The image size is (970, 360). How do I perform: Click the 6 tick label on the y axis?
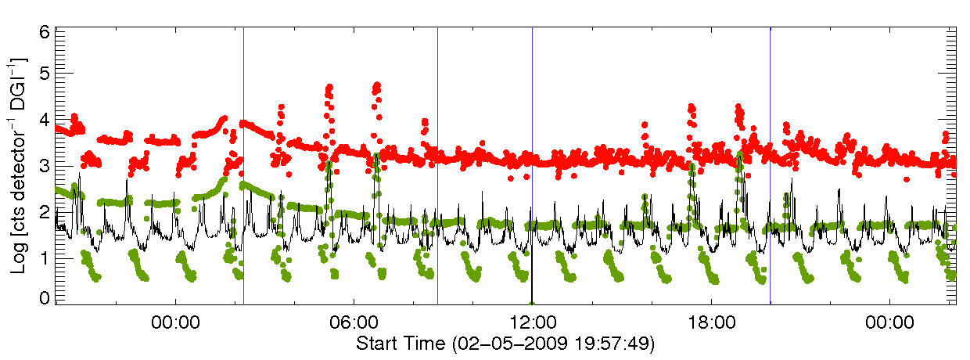(45, 33)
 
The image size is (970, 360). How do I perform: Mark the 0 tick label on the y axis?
(45, 298)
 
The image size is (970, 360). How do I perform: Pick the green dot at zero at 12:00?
(532, 303)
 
